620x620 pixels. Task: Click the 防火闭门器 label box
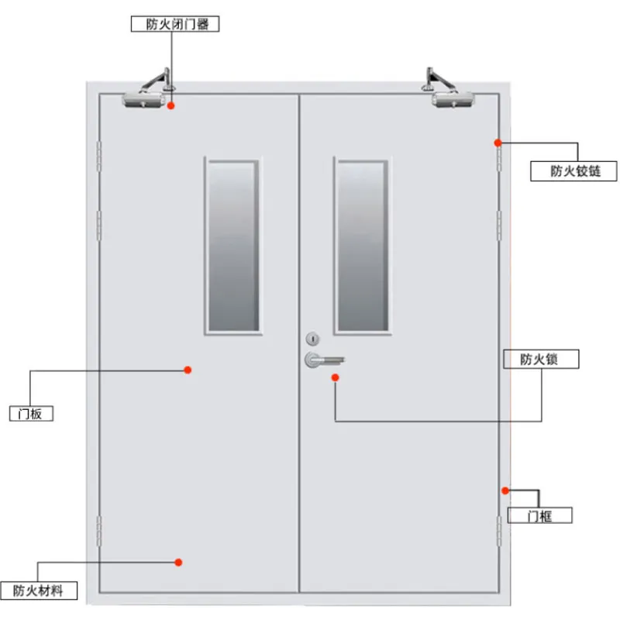pos(175,24)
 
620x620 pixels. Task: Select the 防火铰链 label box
pos(573,171)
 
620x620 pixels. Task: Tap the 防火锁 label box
pos(541,359)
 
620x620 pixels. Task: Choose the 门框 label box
pos(539,515)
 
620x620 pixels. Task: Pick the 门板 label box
pos(31,414)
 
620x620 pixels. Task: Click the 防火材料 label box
pos(39,591)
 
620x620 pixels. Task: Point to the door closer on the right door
pos(449,89)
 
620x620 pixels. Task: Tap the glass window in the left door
pos(233,246)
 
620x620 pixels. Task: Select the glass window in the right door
pos(363,246)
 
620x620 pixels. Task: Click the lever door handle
pos(324,360)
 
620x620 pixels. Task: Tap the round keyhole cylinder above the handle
pos(312,339)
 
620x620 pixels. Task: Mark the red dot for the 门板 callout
pos(188,370)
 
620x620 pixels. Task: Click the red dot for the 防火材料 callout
pos(178,563)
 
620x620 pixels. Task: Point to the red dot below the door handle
pos(335,377)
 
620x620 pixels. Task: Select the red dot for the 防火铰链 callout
pos(498,143)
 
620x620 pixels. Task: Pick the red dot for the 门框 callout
pos(505,491)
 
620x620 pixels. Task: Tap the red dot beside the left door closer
pos(170,105)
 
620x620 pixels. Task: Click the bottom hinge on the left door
pos(99,531)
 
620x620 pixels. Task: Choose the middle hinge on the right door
pos(499,226)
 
